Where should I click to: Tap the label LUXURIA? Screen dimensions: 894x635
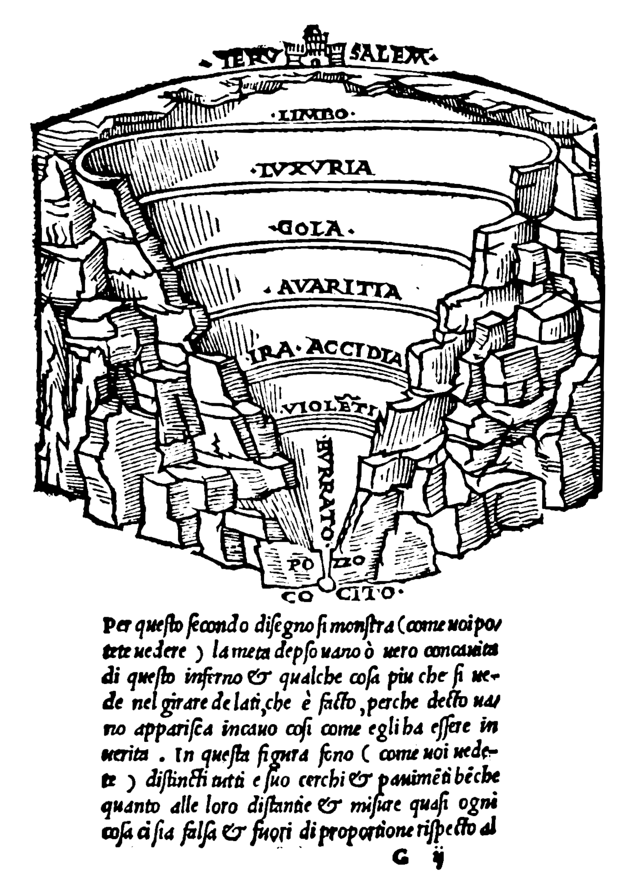314,169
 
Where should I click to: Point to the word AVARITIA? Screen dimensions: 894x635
339,290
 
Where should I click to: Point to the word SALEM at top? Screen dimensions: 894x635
388,57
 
